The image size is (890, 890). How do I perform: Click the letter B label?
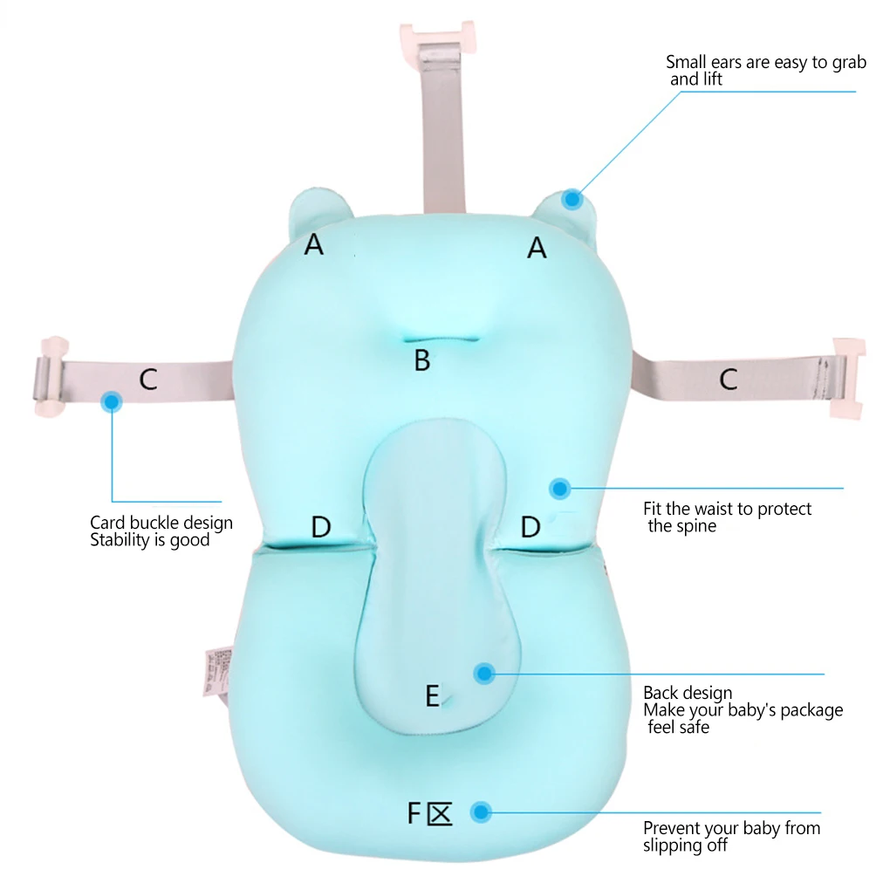[x=422, y=359]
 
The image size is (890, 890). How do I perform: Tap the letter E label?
[x=432, y=696]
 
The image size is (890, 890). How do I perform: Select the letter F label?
[x=414, y=813]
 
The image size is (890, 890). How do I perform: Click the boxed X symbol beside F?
[x=440, y=814]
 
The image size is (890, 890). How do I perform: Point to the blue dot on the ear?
[x=572, y=199]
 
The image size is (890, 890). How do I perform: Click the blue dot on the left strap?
[x=112, y=401]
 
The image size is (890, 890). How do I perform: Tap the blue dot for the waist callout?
[x=559, y=489]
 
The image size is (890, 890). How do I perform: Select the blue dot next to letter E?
[x=484, y=673]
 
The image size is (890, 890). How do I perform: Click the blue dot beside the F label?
[x=480, y=812]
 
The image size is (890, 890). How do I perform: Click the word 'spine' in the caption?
[x=695, y=526]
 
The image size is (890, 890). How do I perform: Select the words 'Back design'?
[x=688, y=693]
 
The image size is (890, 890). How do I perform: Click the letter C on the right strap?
[x=728, y=379]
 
